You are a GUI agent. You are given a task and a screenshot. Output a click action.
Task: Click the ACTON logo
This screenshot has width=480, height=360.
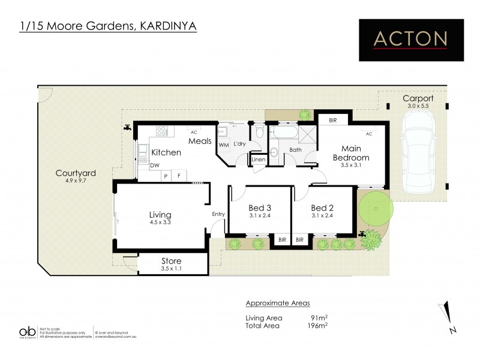tap(410, 40)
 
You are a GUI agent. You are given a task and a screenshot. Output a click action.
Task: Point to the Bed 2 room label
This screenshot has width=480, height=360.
tap(322, 208)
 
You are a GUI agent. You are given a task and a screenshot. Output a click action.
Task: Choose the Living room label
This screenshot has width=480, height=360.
tap(160, 214)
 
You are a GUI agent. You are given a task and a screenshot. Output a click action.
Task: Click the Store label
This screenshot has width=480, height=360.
tap(171, 261)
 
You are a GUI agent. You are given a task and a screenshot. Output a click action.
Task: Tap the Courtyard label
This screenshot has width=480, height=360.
tap(76, 173)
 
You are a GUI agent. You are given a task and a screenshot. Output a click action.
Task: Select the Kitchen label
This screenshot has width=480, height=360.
tap(166, 152)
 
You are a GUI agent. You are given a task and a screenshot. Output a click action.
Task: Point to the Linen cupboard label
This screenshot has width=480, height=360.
tap(259, 160)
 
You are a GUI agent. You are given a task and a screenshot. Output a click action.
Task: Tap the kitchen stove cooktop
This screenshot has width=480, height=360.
tap(162, 131)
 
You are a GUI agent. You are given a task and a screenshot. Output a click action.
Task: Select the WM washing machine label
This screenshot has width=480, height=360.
tap(223, 145)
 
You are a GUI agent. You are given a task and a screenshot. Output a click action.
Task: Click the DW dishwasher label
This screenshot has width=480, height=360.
tap(155, 166)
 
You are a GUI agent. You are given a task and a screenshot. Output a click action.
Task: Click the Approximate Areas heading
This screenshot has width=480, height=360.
tap(278, 303)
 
